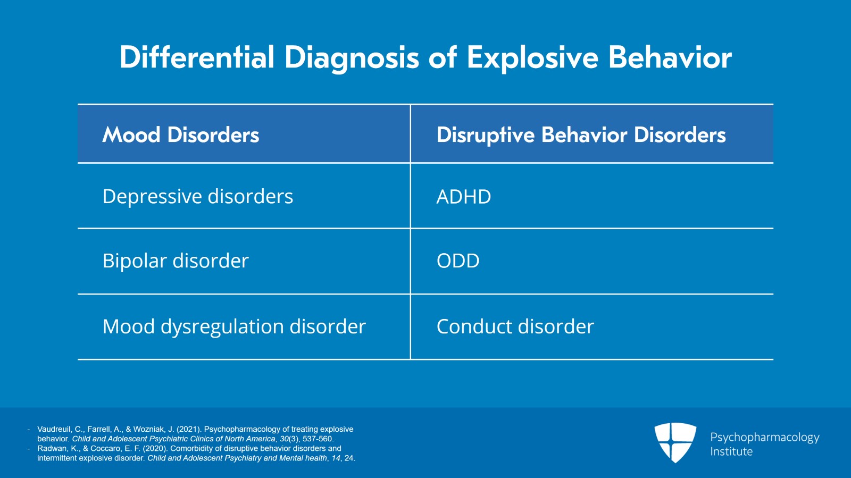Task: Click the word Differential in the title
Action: pyautogui.click(x=196, y=57)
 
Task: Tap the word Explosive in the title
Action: pyautogui.click(x=532, y=57)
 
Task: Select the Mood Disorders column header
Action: pyautogui.click(x=180, y=135)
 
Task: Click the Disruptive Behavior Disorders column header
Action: pyautogui.click(x=581, y=135)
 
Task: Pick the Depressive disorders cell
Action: pyautogui.click(x=197, y=197)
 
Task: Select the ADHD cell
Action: pyautogui.click(x=463, y=197)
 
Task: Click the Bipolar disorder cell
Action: pyautogui.click(x=176, y=261)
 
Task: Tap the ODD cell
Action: pyautogui.click(x=458, y=261)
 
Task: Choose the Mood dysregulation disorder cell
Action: pyautogui.click(x=234, y=326)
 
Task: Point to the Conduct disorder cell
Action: pyautogui.click(x=515, y=326)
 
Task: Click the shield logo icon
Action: pyautogui.click(x=675, y=442)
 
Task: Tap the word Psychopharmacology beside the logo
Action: pyautogui.click(x=764, y=437)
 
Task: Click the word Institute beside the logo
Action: pyautogui.click(x=731, y=451)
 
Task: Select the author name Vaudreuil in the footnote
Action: pyautogui.click(x=54, y=429)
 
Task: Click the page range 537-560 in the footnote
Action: pyautogui.click(x=318, y=439)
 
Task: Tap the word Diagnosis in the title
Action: pyautogui.click(x=352, y=57)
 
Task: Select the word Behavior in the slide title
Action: pyautogui.click(x=670, y=57)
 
